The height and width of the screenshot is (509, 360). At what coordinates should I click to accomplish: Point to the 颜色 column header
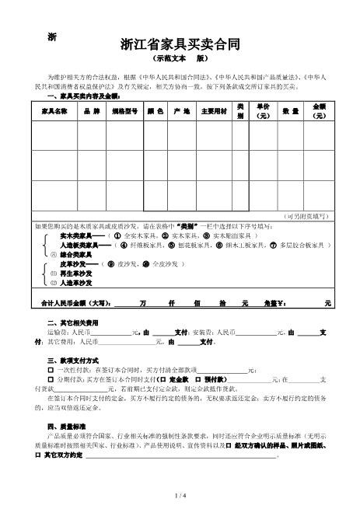[156, 111]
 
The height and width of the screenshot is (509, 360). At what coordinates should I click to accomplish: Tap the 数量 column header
[290, 111]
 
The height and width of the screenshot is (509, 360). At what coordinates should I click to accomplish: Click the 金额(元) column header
[319, 110]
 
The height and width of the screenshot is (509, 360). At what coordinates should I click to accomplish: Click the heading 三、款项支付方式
[73, 361]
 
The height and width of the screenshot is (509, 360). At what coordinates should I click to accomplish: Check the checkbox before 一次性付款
[51, 371]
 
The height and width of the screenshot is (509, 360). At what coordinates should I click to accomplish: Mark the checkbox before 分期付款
[51, 380]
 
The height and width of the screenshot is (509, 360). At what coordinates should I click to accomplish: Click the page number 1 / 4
[180, 495]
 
